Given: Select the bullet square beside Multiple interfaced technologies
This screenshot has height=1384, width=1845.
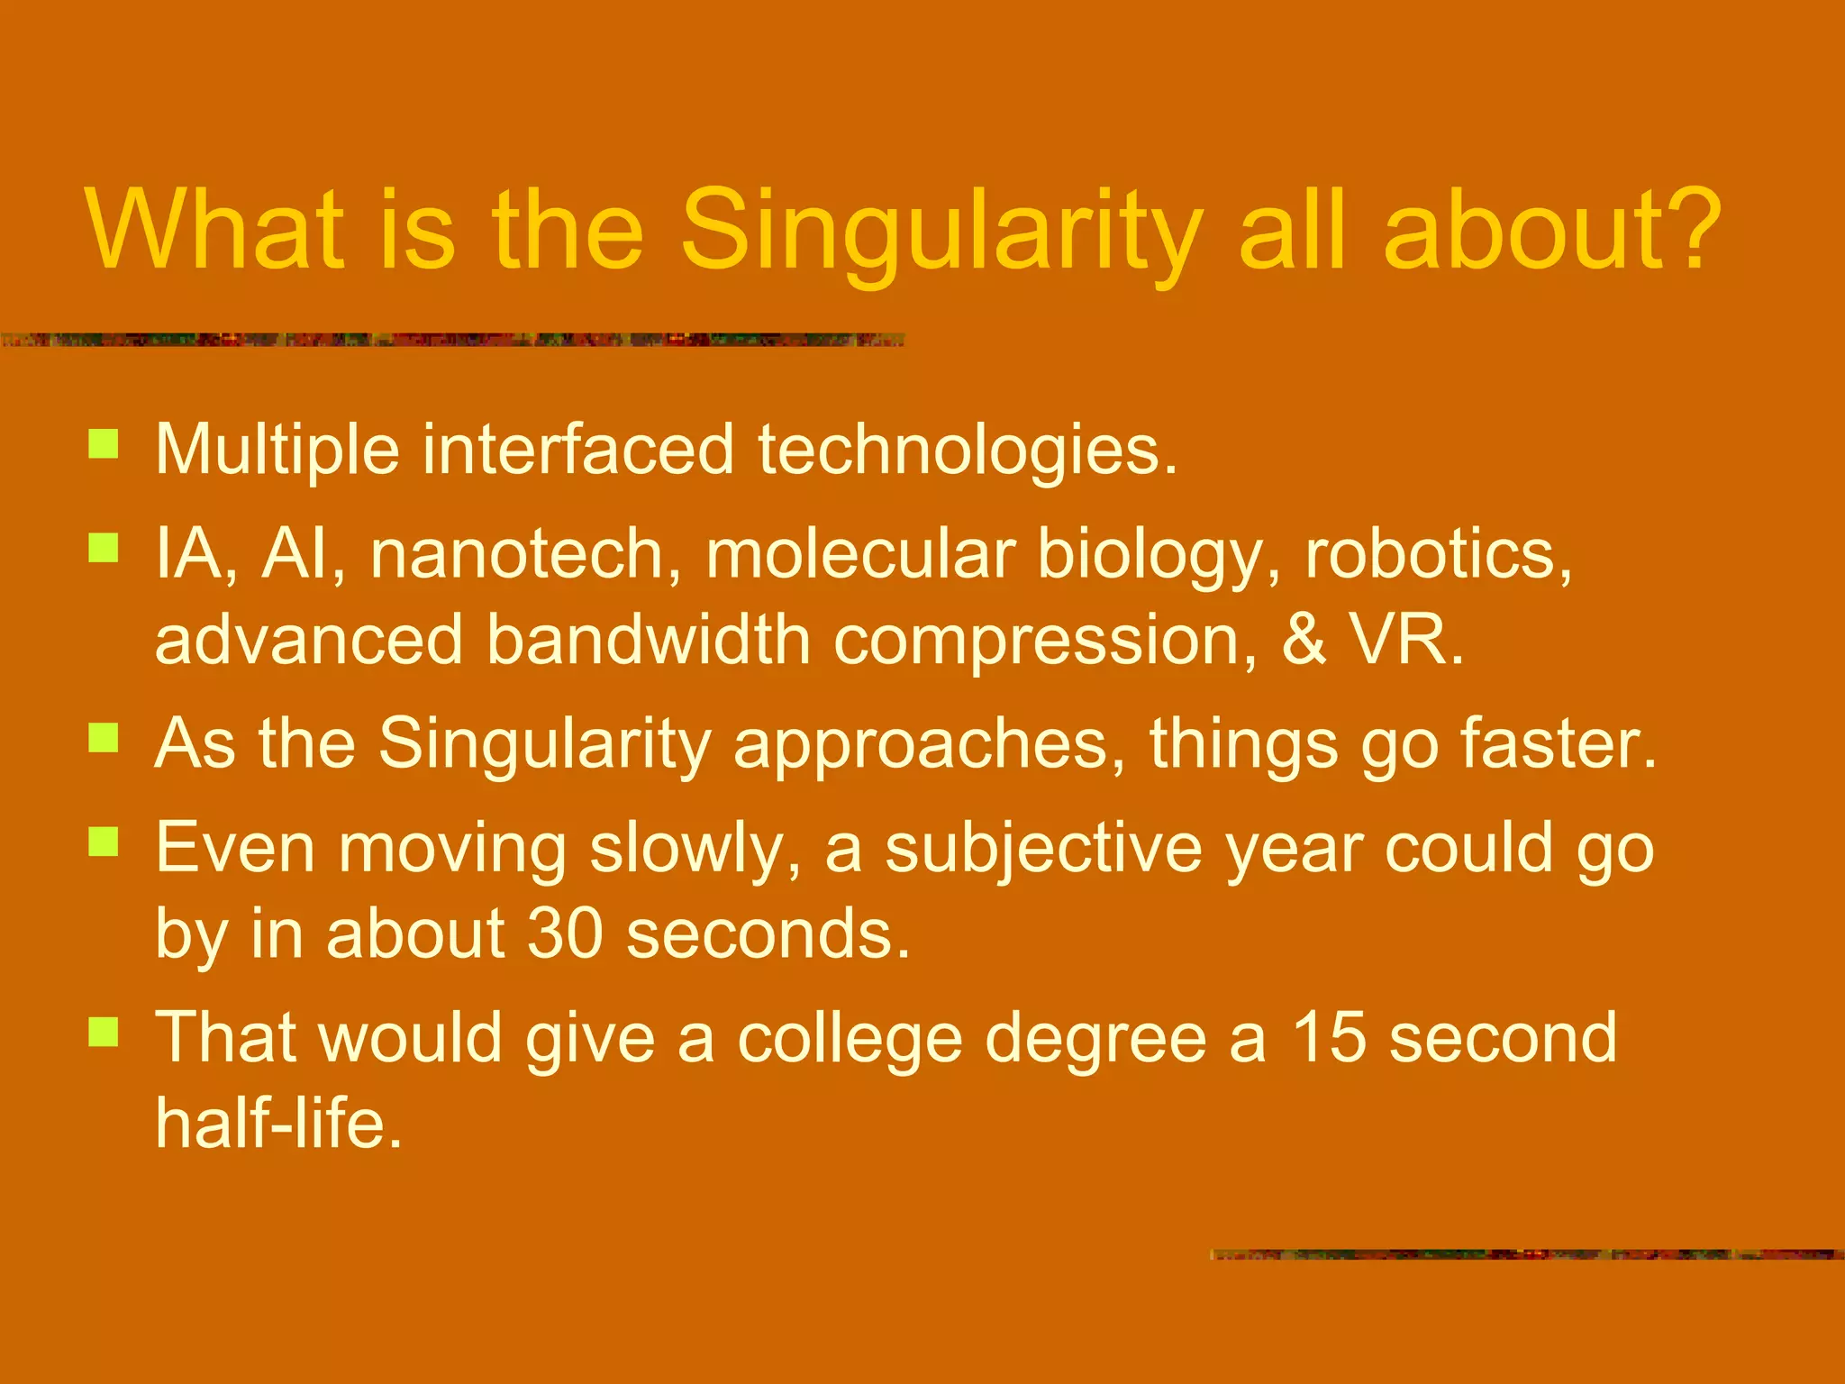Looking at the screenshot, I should pyautogui.click(x=104, y=444).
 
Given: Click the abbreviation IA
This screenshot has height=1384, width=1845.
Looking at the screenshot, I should pyautogui.click(x=190, y=553).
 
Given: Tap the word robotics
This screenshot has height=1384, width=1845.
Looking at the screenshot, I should pyautogui.click(x=1438, y=553).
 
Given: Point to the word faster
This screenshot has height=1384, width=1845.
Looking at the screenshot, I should pyautogui.click(x=1558, y=743).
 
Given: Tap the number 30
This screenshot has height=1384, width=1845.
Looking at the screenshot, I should pyautogui.click(x=564, y=933).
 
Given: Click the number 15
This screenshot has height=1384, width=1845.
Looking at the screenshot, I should pyautogui.click(x=1330, y=1037).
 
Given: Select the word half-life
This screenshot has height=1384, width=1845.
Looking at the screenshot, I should pyautogui.click(x=277, y=1123).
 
